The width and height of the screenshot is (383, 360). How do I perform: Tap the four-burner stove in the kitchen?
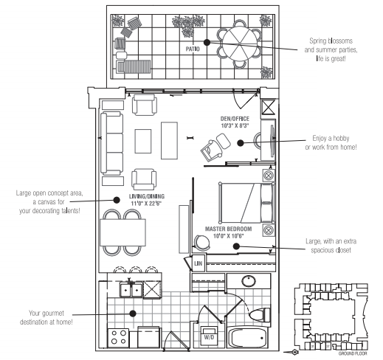tap(118, 338)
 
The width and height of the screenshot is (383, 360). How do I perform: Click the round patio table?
tap(243, 44)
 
